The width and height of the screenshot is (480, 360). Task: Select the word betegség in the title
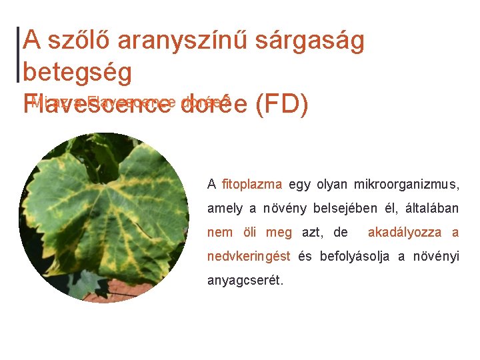(x=77, y=72)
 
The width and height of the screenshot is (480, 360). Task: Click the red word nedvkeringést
(x=248, y=256)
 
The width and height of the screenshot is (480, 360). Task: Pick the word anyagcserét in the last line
(x=245, y=281)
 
